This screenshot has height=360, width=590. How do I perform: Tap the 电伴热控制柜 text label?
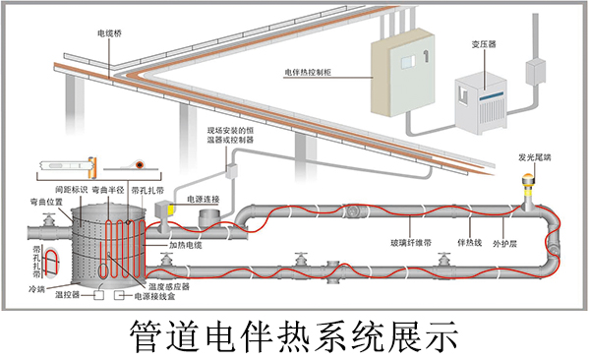pos(313,72)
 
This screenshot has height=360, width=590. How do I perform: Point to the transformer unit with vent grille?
pos(479,98)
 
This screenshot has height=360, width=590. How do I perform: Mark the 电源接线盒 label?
pos(157,295)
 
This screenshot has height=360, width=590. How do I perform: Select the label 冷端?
pos(36,290)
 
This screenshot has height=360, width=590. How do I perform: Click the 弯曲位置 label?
pos(46,200)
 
